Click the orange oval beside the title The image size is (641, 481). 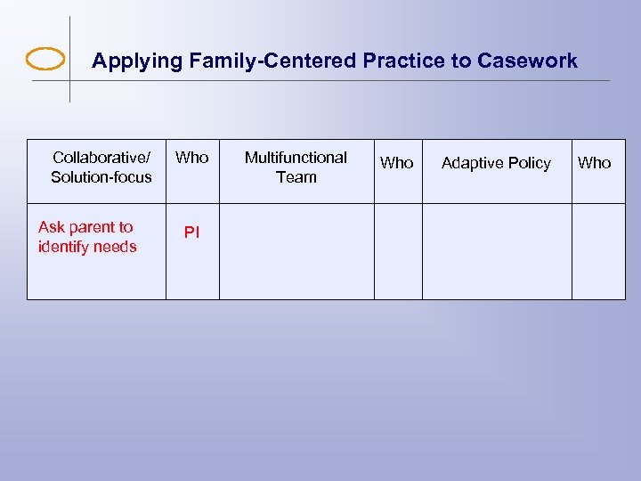coord(45,60)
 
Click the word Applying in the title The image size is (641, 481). coord(126,61)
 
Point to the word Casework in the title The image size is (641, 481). coord(527,61)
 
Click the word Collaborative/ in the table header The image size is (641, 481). coord(101,158)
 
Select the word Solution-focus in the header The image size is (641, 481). coord(101,177)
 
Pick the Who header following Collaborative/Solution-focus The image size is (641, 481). coord(191,158)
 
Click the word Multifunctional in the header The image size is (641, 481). coord(296,158)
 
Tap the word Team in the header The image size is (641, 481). coord(296,177)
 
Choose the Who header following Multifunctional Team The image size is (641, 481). coord(397,163)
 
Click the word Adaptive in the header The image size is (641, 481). coord(473,163)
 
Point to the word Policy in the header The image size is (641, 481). coord(529,163)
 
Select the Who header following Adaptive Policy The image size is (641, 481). coord(595,163)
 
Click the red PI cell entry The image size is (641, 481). coord(191,232)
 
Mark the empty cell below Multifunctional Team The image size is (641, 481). coord(296,251)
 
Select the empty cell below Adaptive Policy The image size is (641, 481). coord(496,251)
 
